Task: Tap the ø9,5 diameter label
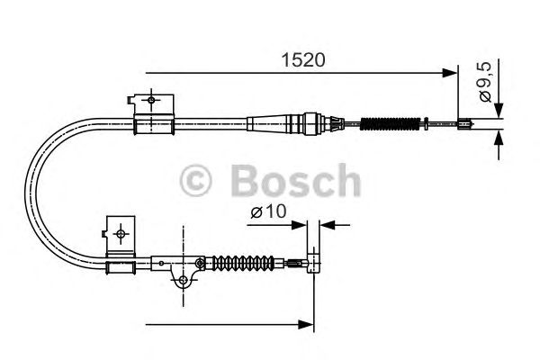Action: tap(486, 84)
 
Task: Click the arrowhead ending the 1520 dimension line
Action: tap(452, 73)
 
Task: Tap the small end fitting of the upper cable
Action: tap(466, 125)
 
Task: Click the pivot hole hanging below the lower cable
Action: tap(183, 283)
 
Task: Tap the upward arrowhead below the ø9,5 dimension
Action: tap(497, 138)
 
